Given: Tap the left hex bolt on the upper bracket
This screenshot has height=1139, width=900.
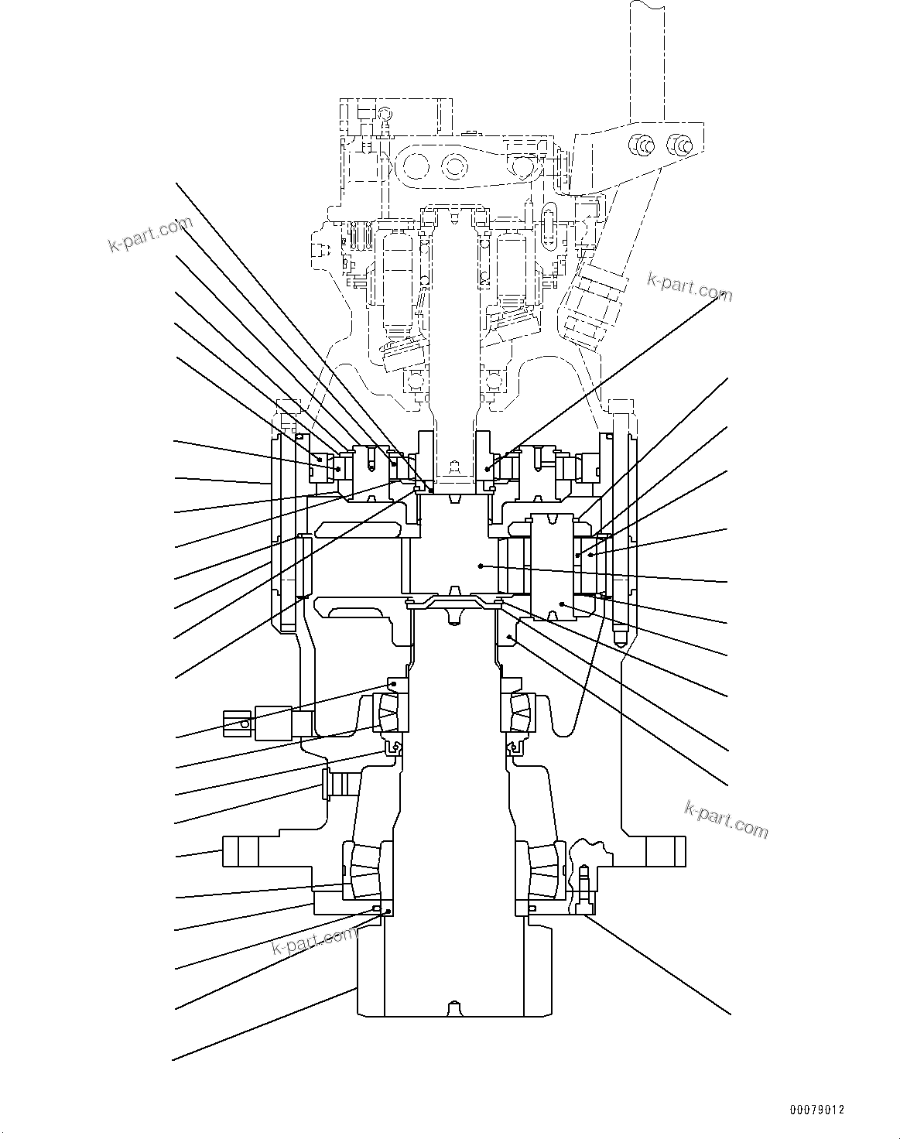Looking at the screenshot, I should tap(642, 144).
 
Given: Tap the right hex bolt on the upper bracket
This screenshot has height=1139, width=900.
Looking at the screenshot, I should tap(680, 144).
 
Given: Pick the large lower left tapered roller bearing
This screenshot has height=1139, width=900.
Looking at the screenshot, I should tap(363, 871).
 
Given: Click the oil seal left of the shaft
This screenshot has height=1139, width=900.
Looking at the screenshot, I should tap(394, 748).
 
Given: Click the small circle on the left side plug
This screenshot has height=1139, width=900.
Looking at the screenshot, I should tap(245, 723).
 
